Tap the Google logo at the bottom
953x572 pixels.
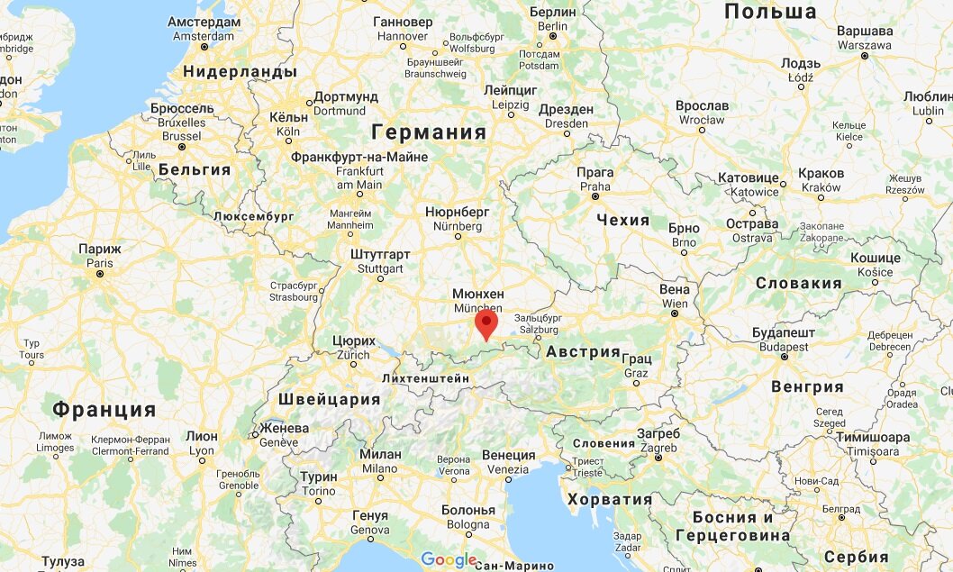[448, 560]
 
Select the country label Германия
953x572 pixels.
[428, 132]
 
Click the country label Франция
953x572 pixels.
[104, 410]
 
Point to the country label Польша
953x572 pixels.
[770, 12]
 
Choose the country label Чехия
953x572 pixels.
[622, 221]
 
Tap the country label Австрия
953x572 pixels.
[583, 352]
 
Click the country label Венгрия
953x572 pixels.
[807, 387]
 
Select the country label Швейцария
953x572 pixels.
[330, 400]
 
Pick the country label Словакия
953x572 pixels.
[798, 283]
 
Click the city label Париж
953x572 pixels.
[99, 249]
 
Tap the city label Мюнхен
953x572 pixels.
[477, 295]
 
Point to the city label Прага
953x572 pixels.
[594, 173]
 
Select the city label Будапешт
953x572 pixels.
[784, 332]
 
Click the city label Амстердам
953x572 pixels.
[204, 22]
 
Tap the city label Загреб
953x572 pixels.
[658, 433]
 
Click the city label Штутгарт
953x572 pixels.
[380, 255]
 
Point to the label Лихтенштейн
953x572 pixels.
[426, 379]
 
